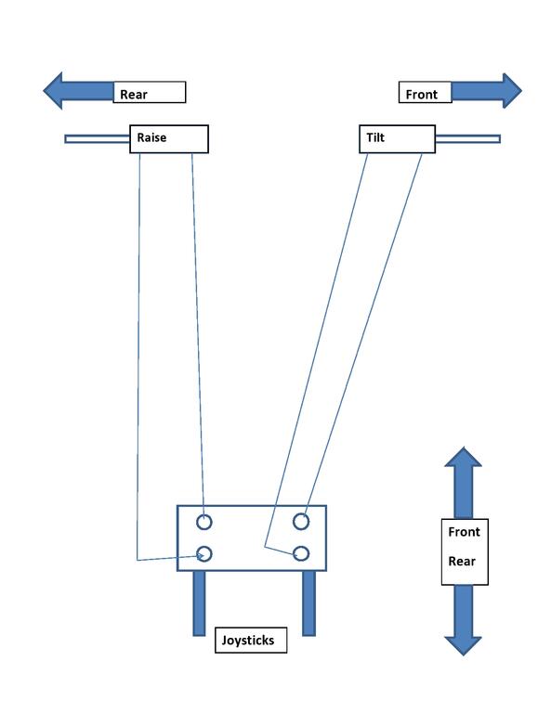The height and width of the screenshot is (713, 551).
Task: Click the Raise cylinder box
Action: (x=169, y=139)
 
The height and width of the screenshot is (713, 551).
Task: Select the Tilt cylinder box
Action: (x=397, y=139)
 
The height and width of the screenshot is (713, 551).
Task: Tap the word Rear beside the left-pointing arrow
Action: (x=133, y=95)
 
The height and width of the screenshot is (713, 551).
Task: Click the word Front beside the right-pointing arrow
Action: (x=421, y=95)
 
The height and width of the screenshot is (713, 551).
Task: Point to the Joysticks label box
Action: (x=251, y=641)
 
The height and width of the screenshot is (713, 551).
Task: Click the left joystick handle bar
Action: (x=199, y=603)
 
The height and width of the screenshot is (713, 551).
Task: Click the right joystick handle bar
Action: (x=308, y=603)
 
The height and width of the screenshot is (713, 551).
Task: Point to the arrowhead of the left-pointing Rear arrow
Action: (x=52, y=90)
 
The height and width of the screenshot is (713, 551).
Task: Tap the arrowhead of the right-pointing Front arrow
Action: (x=512, y=90)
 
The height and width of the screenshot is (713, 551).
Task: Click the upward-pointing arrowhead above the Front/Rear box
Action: (x=463, y=457)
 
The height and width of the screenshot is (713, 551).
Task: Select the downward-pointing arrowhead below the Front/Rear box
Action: (x=463, y=646)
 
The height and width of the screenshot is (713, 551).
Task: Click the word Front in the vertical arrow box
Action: (x=464, y=532)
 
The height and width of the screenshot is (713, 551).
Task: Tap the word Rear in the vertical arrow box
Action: (x=462, y=561)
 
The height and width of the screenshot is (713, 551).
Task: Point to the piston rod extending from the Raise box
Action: (x=98, y=138)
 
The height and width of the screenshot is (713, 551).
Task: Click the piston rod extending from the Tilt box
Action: (x=467, y=138)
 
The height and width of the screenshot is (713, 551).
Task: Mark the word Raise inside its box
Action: (x=151, y=137)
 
